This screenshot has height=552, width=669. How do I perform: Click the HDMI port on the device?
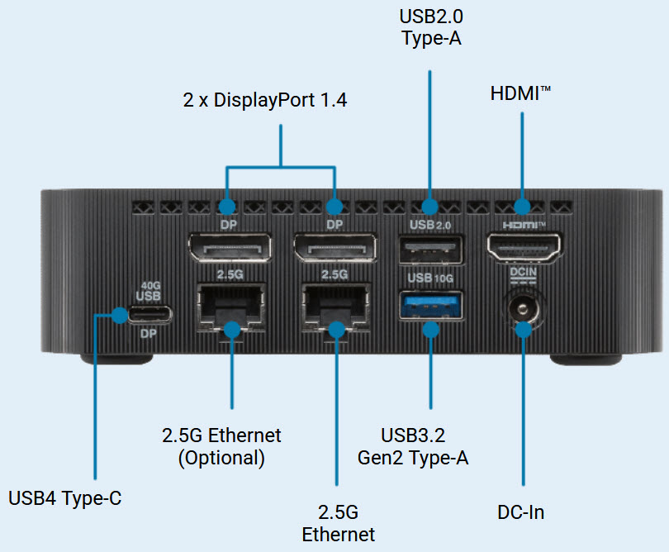[x=523, y=245]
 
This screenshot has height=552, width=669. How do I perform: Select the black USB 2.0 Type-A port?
[x=430, y=248]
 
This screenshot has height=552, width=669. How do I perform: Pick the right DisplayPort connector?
[x=334, y=248]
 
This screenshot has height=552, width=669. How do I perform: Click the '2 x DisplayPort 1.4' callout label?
[x=265, y=101]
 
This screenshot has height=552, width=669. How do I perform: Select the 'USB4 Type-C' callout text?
[x=65, y=498]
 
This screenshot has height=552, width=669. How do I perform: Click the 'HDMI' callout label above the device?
[x=520, y=93]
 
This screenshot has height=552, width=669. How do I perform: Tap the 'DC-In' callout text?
[x=521, y=512]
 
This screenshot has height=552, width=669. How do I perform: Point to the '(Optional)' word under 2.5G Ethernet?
[x=221, y=458]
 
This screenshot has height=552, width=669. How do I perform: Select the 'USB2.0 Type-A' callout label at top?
[x=429, y=27]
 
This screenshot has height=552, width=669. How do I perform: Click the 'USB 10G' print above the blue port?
[x=429, y=278]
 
